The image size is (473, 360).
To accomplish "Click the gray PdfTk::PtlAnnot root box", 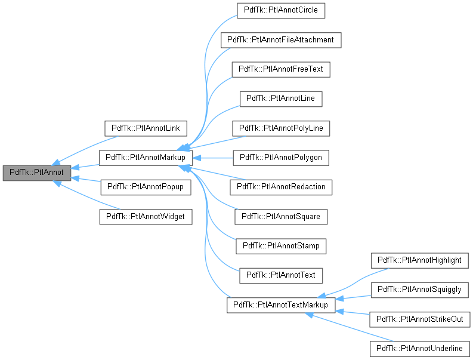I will (37, 173).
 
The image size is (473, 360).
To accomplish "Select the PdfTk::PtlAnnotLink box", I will (146, 128).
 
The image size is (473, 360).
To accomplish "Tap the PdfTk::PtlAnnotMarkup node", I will (146, 158).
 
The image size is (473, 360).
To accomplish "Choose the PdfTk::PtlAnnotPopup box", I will (146, 187).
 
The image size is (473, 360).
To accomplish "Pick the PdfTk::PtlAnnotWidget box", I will (146, 216).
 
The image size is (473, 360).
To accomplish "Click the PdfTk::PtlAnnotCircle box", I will (281, 10).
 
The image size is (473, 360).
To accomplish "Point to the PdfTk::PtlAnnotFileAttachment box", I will (281, 39).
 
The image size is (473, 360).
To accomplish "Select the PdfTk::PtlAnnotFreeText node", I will (281, 69).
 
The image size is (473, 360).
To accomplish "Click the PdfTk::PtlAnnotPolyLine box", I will (281, 128).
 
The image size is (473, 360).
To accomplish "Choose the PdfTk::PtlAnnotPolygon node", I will (281, 158).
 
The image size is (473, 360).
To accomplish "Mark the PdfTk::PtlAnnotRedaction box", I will (281, 187).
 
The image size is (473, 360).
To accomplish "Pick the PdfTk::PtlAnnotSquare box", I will (281, 216).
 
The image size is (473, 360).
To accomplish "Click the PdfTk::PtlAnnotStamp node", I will (281, 245).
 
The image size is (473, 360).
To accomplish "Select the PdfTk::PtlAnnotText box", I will (281, 275).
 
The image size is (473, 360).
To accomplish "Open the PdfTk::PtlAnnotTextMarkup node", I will (281, 304).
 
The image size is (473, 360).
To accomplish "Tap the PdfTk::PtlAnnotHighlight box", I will (420, 260).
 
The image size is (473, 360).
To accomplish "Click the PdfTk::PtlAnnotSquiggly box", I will (420, 290).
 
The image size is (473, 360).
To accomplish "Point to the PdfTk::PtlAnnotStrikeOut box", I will (420, 319).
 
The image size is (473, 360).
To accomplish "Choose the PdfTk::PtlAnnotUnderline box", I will (420, 348).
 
